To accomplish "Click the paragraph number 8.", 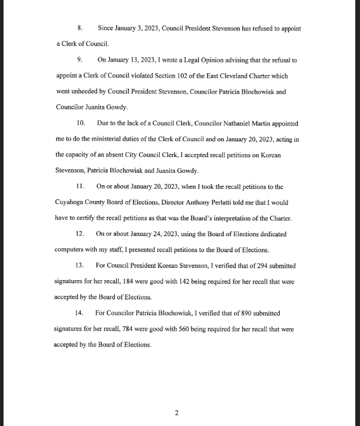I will (x=80, y=29).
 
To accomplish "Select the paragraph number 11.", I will (x=81, y=187).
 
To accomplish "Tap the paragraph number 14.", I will (x=81, y=313).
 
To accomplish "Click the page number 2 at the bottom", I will (x=176, y=413).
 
